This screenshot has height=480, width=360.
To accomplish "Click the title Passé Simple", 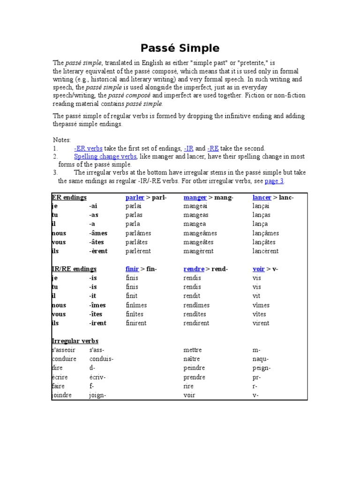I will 180,48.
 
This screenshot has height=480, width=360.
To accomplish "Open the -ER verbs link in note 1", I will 88,148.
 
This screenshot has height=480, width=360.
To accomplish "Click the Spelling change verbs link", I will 105,157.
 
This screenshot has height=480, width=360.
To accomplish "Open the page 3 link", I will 274,181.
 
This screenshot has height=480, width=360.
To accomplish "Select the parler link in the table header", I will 135,197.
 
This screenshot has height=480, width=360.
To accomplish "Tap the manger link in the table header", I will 195,197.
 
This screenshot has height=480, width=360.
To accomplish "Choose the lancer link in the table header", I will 262,197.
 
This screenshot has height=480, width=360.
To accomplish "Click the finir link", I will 132,269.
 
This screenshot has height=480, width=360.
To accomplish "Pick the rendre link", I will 194,269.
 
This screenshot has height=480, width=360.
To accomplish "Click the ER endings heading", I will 69,197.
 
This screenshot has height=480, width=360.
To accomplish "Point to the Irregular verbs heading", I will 75,341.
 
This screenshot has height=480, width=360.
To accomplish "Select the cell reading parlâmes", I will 136,233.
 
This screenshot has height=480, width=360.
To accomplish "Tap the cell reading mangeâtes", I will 198,242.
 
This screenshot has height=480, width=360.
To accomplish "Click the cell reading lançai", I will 261,206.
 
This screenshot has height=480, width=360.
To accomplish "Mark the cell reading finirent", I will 136,323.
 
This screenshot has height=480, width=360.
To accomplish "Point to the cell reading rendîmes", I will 196,305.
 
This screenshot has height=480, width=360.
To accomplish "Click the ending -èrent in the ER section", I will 98,251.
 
